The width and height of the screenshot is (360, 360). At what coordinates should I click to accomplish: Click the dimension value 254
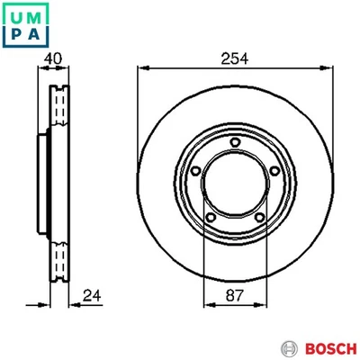click(x=234, y=57)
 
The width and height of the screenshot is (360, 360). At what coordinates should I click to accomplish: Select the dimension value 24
click(x=90, y=294)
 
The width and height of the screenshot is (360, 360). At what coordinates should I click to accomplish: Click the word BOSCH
click(x=326, y=346)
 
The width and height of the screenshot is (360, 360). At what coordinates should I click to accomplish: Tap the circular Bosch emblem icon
click(x=290, y=346)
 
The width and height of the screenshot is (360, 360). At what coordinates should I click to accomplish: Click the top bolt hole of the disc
click(x=233, y=141)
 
